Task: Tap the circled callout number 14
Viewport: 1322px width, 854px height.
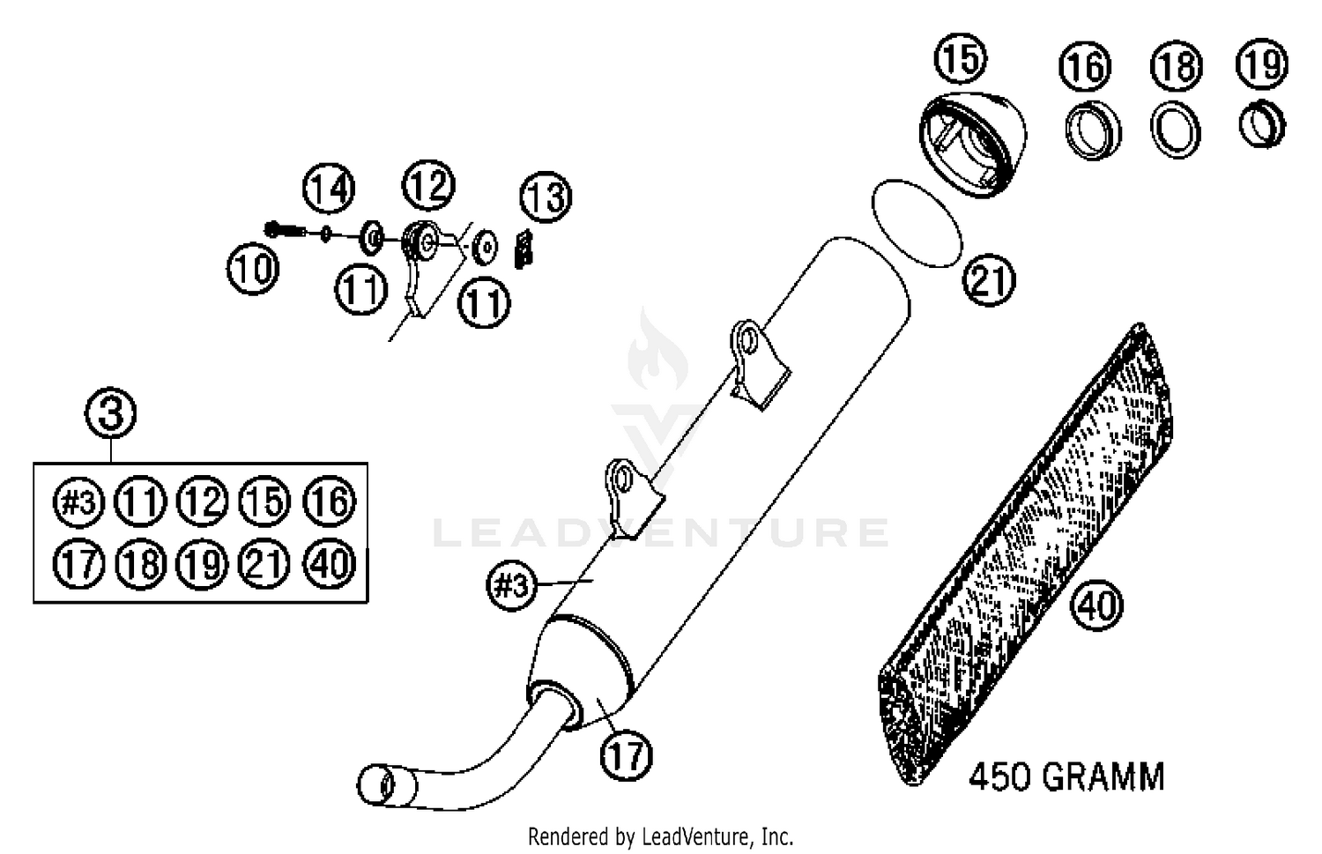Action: point(330,189)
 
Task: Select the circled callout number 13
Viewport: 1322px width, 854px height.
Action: point(546,197)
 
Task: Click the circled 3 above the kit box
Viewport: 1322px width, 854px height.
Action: point(111,412)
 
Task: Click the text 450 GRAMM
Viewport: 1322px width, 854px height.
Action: point(1066,777)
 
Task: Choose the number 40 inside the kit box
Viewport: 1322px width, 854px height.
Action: point(330,562)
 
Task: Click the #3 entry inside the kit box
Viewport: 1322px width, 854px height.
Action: point(79,501)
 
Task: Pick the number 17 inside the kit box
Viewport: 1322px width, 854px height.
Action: point(79,562)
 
